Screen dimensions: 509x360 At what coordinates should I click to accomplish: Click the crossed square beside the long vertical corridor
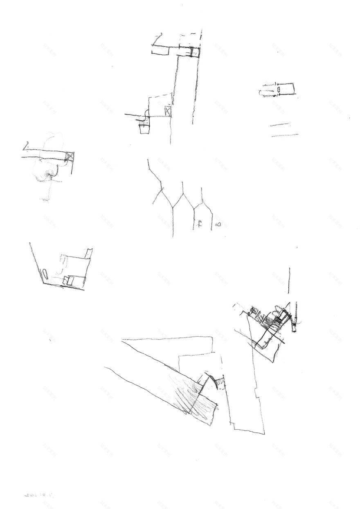click(168, 111)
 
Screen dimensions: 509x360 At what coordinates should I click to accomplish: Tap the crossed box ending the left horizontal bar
click(70, 156)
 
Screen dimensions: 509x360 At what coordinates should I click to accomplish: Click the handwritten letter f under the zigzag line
click(200, 223)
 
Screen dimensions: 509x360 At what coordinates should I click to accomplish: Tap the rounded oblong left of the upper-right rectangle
click(268, 90)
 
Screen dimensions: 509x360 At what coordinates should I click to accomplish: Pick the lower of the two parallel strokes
click(284, 135)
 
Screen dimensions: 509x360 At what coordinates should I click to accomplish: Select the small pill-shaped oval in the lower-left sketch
click(44, 274)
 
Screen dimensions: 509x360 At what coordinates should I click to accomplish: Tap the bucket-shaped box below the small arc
click(145, 128)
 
